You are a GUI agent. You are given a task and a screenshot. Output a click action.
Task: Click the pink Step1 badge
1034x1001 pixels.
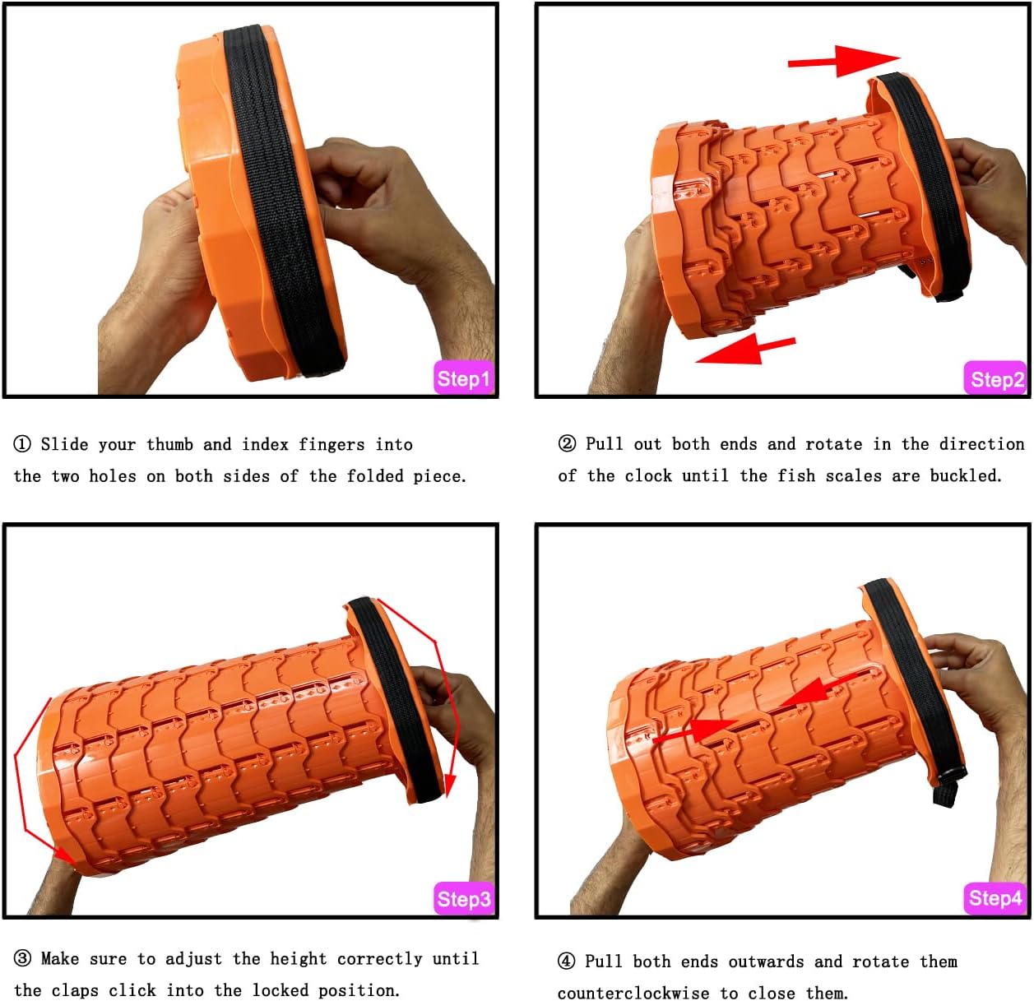click(463, 378)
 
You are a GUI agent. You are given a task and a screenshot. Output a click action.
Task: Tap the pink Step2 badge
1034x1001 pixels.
click(995, 378)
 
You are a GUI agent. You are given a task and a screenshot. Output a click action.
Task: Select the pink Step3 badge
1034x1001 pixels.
click(463, 898)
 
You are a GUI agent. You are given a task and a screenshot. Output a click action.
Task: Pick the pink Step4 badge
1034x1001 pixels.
click(995, 898)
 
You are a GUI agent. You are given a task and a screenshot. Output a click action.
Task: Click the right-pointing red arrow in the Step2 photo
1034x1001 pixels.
click(844, 61)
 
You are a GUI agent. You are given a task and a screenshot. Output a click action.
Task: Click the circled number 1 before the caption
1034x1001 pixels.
click(21, 444)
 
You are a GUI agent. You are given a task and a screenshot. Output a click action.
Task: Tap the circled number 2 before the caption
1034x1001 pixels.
click(567, 443)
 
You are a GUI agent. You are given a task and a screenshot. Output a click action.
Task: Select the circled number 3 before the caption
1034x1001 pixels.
click(21, 958)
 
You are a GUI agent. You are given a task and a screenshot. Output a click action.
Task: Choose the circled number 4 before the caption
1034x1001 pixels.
click(567, 961)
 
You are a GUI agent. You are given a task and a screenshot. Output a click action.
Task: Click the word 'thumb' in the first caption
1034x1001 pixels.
click(169, 444)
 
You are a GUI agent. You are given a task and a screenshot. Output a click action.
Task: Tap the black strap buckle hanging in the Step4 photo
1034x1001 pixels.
click(948, 787)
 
